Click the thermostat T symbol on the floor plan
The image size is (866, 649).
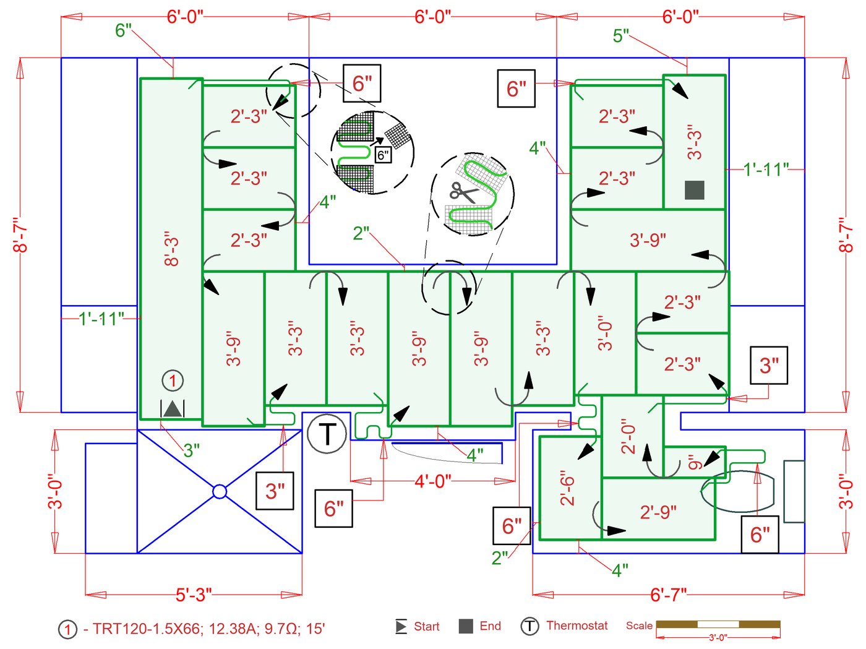click(x=327, y=434)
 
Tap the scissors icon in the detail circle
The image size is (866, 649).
click(x=463, y=192)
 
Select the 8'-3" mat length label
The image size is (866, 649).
click(x=171, y=249)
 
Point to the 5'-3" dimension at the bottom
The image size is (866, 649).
click(x=194, y=595)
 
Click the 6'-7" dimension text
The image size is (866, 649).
click(x=668, y=595)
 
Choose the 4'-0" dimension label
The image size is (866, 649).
click(x=432, y=481)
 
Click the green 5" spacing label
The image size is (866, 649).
click(x=620, y=36)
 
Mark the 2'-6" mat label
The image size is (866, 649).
click(x=567, y=489)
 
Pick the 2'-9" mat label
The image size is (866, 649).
click(x=658, y=512)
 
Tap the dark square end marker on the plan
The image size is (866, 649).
click(x=695, y=190)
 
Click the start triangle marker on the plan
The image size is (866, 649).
click(x=173, y=408)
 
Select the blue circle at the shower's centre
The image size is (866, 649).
click(x=220, y=491)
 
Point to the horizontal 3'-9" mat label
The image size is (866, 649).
click(x=648, y=240)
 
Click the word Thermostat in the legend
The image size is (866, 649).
click(x=577, y=626)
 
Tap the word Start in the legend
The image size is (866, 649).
click(x=426, y=627)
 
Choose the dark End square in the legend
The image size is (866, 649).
click(x=466, y=626)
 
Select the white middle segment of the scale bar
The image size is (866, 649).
click(x=718, y=624)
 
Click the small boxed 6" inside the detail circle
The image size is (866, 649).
click(x=383, y=155)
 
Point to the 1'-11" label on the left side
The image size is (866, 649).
click(x=101, y=319)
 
